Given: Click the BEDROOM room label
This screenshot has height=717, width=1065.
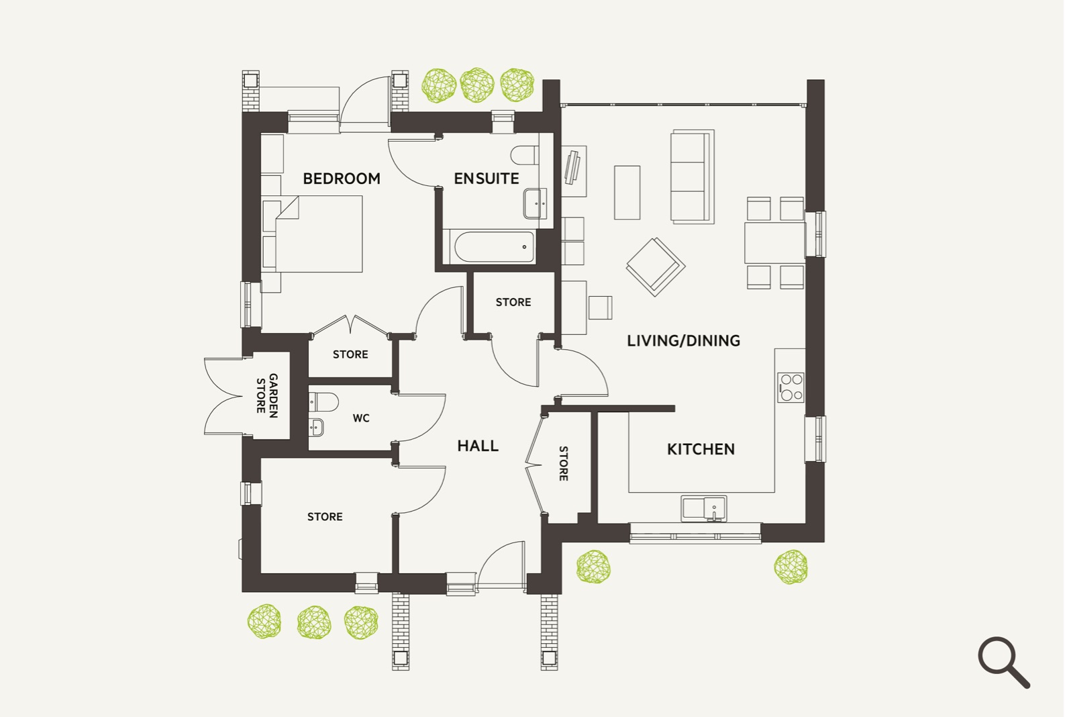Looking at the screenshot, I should pyautogui.click(x=341, y=179).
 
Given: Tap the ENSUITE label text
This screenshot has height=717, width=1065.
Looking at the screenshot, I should pyautogui.click(x=486, y=179).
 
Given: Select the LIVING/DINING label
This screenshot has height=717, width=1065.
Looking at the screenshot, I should pyautogui.click(x=683, y=341).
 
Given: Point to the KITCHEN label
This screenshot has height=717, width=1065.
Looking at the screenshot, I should pyautogui.click(x=701, y=449).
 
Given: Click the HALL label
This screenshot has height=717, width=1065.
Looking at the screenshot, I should pyautogui.click(x=478, y=446).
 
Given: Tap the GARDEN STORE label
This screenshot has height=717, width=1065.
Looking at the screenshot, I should pyautogui.click(x=267, y=395).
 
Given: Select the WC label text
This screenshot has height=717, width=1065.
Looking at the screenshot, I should pyautogui.click(x=361, y=418).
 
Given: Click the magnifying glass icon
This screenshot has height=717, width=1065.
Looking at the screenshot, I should pyautogui.click(x=1003, y=661).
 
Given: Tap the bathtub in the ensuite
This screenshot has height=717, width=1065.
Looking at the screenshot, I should pyautogui.click(x=495, y=246).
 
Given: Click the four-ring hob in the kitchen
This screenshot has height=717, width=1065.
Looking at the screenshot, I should pyautogui.click(x=791, y=387).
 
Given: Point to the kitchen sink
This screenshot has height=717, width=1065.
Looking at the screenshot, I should pyautogui.click(x=703, y=508).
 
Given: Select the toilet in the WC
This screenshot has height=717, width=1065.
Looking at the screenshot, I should pyautogui.click(x=323, y=402).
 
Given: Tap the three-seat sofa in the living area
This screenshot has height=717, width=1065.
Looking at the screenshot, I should pyautogui.click(x=691, y=177).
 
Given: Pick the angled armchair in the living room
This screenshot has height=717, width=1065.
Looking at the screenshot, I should pyautogui.click(x=655, y=266).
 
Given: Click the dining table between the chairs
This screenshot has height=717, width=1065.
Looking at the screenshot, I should pyautogui.click(x=774, y=242).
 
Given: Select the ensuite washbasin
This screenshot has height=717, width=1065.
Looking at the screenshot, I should pyautogui.click(x=535, y=203).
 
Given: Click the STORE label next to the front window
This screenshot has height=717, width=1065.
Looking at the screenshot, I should pyautogui.click(x=325, y=517).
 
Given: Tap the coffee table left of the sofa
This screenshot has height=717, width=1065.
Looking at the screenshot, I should pyautogui.click(x=627, y=192).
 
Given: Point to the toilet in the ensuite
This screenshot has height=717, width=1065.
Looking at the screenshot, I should pyautogui.click(x=524, y=156).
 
